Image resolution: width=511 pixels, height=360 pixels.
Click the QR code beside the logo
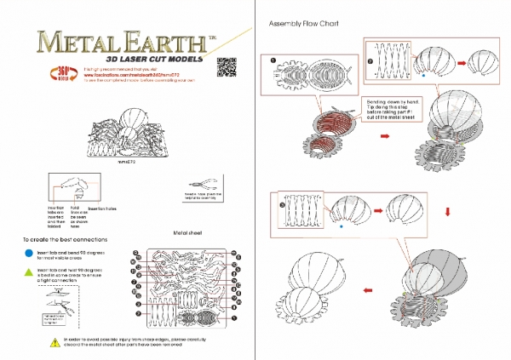point(227,65)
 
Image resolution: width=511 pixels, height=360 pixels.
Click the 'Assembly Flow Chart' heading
point(303,24)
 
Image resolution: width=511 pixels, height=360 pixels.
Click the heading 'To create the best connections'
point(65,240)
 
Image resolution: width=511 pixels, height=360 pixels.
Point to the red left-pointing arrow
point(366,290)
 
